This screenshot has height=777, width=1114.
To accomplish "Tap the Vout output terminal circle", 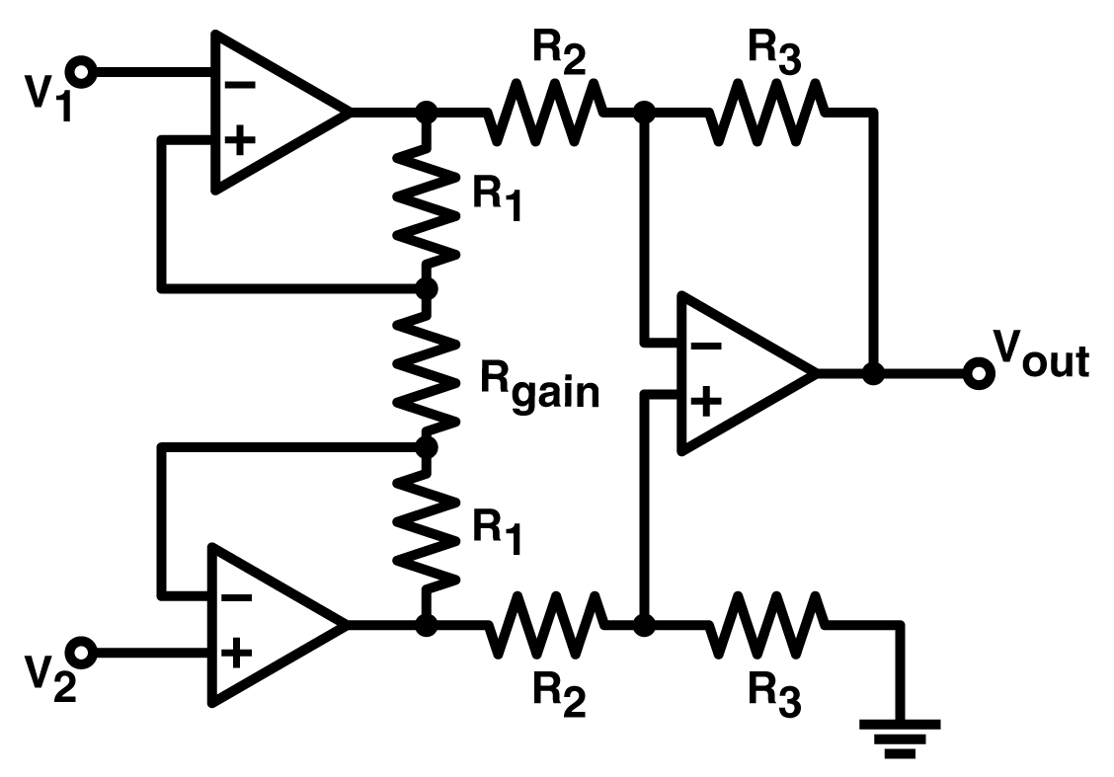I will point(978,373).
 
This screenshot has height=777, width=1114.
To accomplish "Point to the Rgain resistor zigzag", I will point(427,367).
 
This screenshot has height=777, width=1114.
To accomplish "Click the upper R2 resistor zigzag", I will point(543,113).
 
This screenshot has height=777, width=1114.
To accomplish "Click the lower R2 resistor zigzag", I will point(543,624).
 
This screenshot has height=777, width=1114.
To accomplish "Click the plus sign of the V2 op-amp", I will point(237,653).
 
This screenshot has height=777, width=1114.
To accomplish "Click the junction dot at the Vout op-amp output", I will point(873,373).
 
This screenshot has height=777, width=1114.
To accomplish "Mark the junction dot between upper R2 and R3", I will point(644,113).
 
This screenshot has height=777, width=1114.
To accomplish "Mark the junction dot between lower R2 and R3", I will point(644,624).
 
